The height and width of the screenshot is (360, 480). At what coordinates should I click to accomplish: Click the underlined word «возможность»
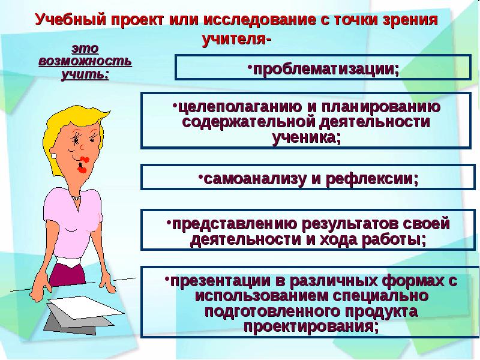pyautogui.click(x=85, y=61)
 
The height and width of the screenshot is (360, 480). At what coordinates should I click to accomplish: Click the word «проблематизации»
pyautogui.click(x=323, y=68)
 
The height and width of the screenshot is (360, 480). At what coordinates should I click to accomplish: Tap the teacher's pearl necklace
pyautogui.click(x=75, y=197)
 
